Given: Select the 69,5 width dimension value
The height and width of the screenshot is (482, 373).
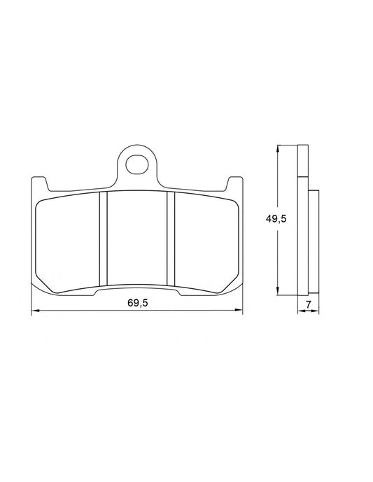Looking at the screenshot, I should point(138,302).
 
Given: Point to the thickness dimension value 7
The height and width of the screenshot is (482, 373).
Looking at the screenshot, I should point(308,303).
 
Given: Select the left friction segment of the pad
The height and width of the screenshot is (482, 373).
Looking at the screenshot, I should point(69,238).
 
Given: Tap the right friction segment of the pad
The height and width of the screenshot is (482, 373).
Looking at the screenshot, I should point(203,238).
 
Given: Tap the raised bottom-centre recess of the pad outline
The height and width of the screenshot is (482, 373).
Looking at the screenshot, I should point(136,289).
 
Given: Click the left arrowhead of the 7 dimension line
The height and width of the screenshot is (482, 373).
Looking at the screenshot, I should point(300,311).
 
